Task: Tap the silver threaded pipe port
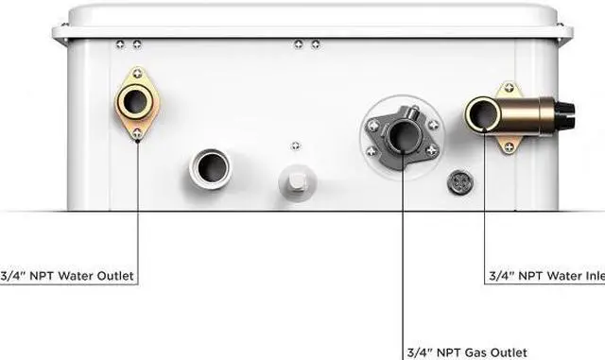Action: point(209,170)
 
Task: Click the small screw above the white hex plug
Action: point(296,144)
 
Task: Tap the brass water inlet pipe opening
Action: point(484,115)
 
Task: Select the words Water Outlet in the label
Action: point(94,277)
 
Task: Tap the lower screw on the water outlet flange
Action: point(139,132)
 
